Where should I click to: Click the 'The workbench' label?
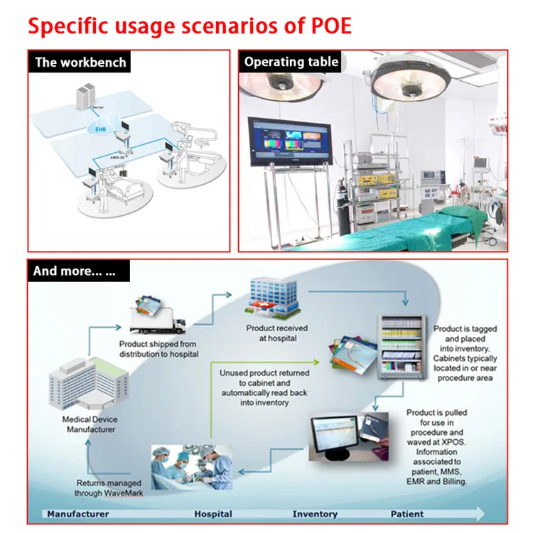click(80, 62)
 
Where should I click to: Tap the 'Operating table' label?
click(291, 62)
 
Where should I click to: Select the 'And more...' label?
click(80, 271)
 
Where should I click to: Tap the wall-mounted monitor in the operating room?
click(288, 142)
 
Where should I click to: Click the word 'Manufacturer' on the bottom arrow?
click(78, 514)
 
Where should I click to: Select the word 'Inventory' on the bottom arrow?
click(315, 514)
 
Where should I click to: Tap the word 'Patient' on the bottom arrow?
click(407, 514)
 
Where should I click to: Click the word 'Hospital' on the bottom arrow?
click(213, 514)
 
